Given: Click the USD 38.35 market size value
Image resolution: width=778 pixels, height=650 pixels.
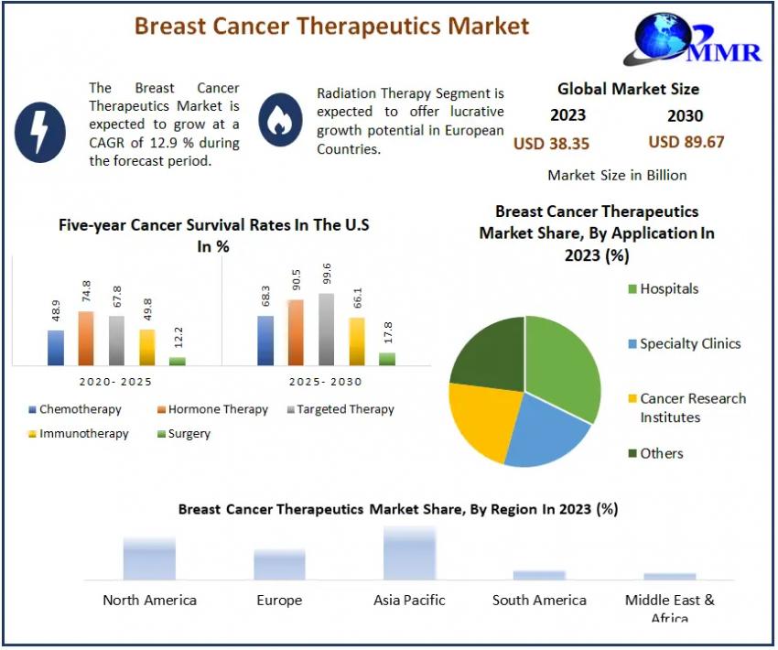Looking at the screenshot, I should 551,143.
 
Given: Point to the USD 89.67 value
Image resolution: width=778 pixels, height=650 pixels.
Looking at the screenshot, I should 686,142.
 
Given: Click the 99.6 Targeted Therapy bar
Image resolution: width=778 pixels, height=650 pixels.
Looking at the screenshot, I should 327,329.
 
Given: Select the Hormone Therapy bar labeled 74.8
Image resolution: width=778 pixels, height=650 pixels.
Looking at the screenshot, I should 85,338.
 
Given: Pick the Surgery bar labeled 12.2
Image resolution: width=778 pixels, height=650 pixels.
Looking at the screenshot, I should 177,361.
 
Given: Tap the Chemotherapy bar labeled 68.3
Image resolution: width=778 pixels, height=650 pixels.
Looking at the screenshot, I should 265,341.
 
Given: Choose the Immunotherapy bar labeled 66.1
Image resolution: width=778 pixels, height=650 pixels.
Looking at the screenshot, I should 357,341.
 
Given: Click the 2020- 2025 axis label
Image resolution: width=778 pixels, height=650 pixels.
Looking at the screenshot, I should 116,382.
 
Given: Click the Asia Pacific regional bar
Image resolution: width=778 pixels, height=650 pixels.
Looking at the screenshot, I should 409,554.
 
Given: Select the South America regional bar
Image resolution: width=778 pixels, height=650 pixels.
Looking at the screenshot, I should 539,575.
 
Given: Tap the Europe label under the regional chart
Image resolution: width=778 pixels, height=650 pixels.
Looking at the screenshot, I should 279,601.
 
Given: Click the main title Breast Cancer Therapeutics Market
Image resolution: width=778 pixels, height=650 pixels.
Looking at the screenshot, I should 331,26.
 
